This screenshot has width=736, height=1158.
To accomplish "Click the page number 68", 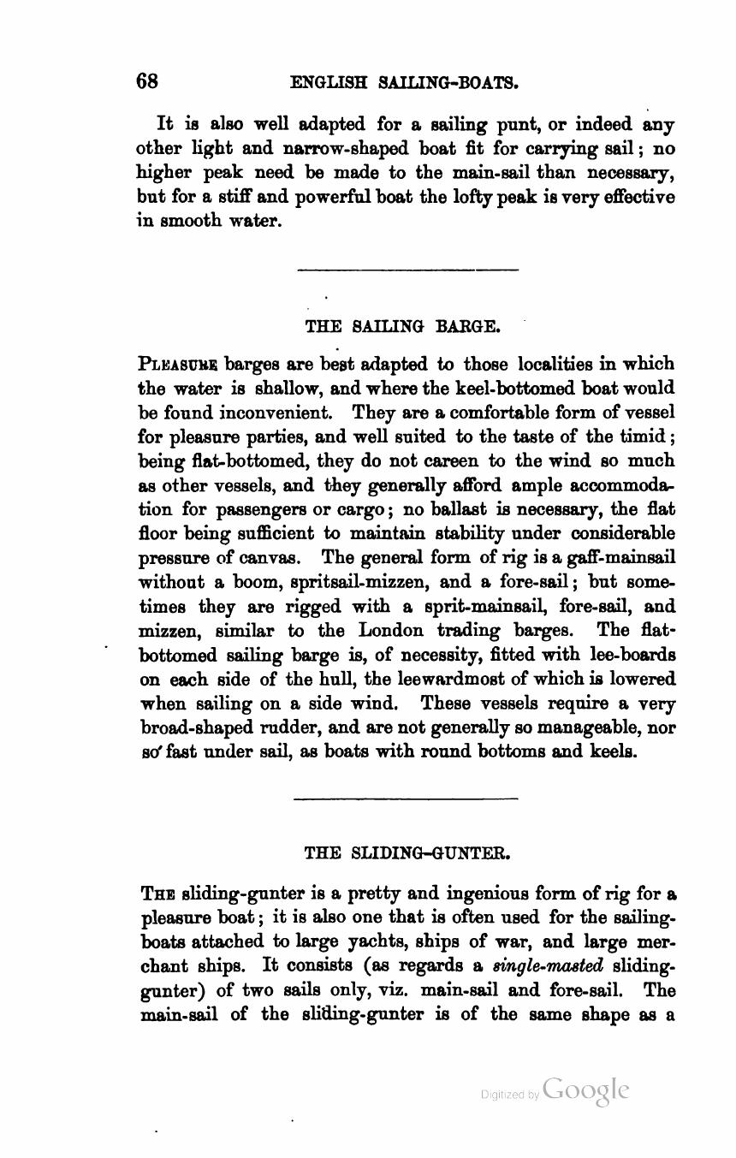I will pyautogui.click(x=147, y=81).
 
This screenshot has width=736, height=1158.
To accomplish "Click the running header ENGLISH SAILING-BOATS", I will pyautogui.click(x=405, y=83).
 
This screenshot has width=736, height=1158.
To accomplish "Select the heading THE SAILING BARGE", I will pyautogui.click(x=402, y=326).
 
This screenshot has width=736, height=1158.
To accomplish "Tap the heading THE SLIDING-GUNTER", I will pyautogui.click(x=407, y=853).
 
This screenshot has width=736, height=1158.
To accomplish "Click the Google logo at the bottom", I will pyautogui.click(x=586, y=1090).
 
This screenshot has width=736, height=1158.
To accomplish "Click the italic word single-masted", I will pyautogui.click(x=549, y=966).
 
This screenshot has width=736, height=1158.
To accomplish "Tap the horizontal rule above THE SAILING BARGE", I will pyautogui.click(x=407, y=270).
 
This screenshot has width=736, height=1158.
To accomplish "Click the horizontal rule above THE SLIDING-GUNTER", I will pyautogui.click(x=406, y=799).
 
